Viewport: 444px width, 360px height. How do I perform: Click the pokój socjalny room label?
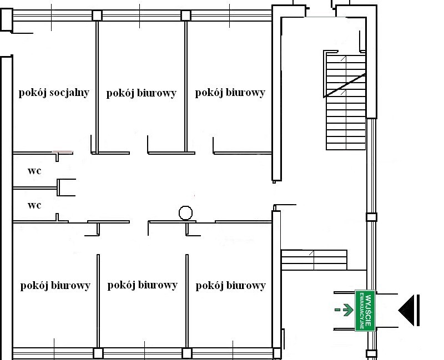tap(54, 93)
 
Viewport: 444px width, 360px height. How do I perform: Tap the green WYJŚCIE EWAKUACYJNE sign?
tap(365, 311)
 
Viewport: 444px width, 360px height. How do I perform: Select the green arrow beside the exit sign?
tap(348, 310)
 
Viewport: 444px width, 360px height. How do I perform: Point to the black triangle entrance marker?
tap(406, 310)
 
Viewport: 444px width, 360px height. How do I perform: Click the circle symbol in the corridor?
tap(186, 213)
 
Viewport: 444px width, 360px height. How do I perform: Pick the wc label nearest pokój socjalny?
tap(34, 171)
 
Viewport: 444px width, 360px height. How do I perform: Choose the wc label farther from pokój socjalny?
tap(34, 205)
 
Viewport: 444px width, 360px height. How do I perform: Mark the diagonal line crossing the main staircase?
tap(344, 85)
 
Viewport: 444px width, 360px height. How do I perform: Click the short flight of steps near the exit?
tap(314, 260)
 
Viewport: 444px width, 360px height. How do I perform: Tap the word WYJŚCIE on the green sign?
tap(369, 311)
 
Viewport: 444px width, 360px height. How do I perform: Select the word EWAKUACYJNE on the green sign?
tap(362, 311)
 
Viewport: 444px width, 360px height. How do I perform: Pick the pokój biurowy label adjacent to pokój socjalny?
tap(142, 93)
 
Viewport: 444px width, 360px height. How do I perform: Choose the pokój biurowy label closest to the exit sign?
tap(230, 286)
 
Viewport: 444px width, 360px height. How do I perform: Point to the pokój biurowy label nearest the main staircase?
tap(230, 93)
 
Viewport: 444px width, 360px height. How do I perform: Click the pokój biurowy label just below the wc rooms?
tap(55, 286)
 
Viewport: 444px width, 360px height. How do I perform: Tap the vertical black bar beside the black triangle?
tap(418, 310)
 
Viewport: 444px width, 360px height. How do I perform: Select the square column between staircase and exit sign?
tap(371, 217)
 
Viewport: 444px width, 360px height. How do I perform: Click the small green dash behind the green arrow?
tap(337, 310)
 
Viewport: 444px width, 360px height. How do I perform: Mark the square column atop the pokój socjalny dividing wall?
tap(97, 16)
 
